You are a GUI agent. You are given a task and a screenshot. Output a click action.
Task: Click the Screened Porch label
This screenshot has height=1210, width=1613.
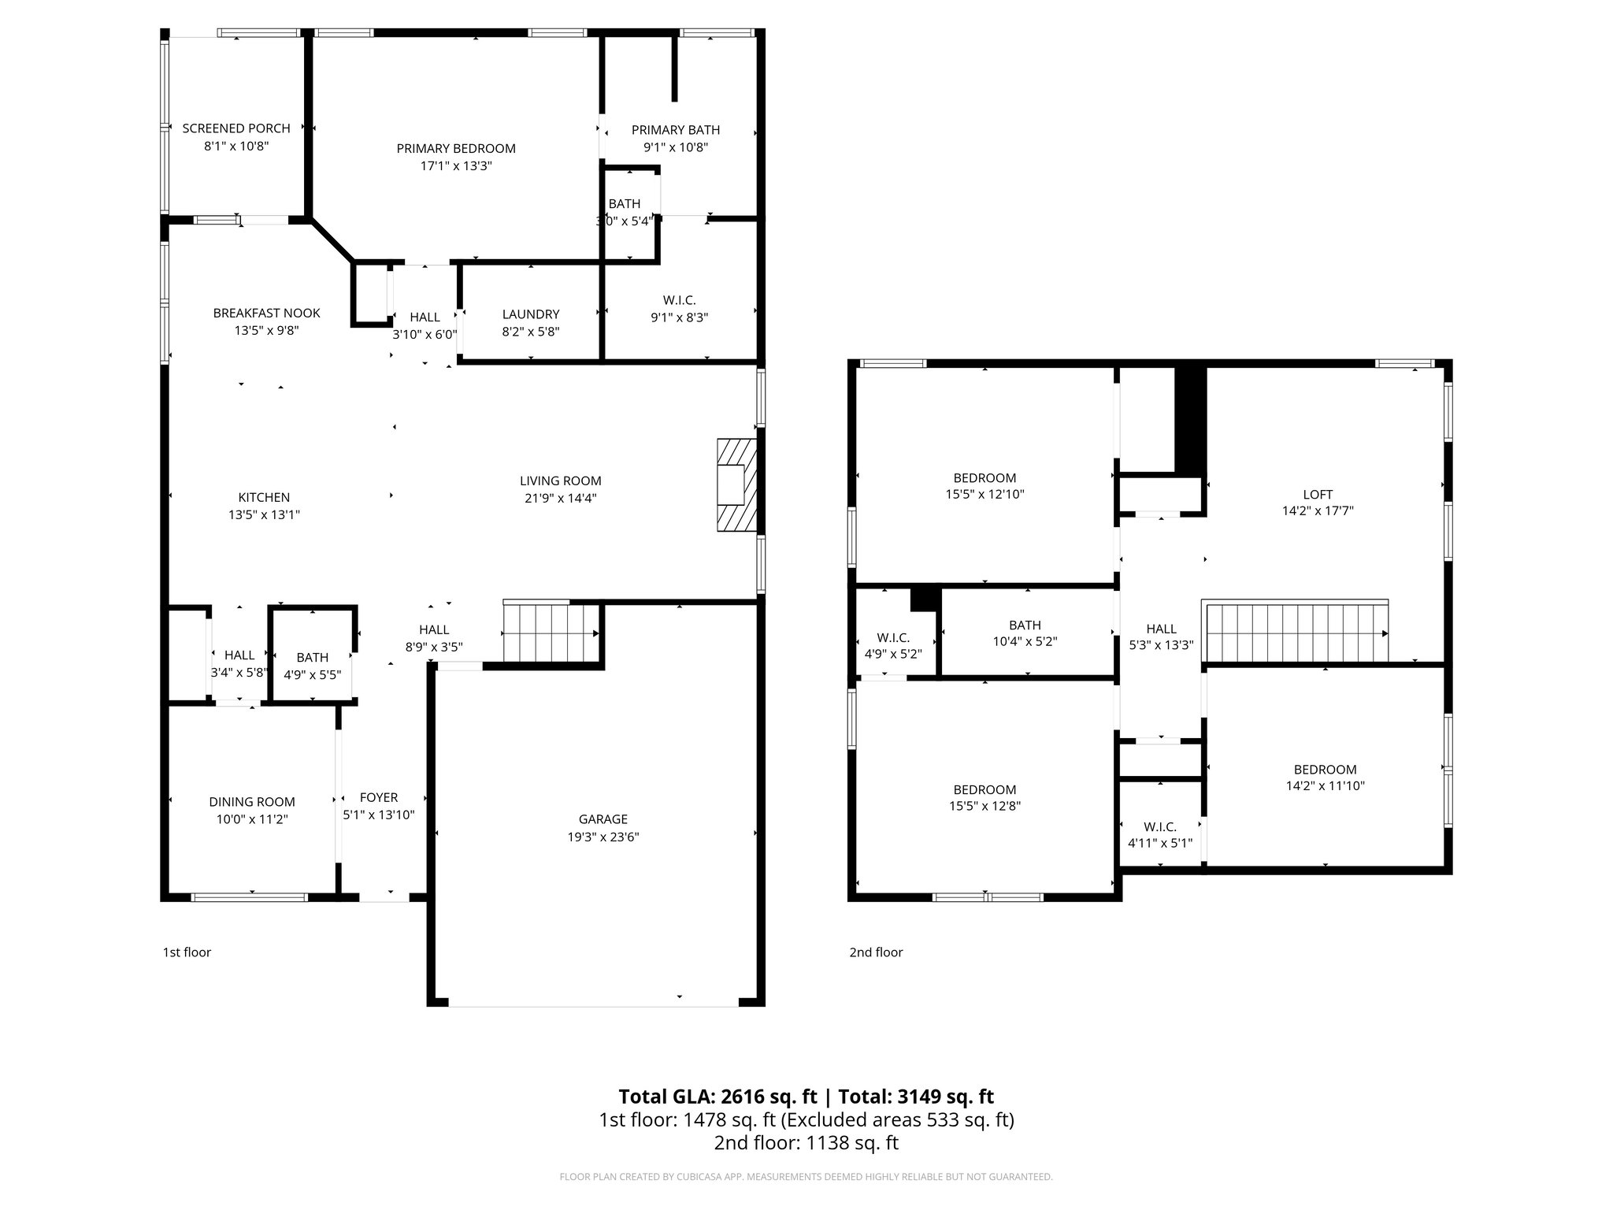[x=236, y=128]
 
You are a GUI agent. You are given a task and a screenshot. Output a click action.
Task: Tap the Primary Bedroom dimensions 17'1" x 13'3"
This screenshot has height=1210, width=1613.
[x=456, y=166]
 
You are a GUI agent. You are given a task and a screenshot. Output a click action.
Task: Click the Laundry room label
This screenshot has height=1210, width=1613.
[x=531, y=314]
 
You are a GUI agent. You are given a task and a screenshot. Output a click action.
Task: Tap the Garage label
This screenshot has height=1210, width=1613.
[x=603, y=819]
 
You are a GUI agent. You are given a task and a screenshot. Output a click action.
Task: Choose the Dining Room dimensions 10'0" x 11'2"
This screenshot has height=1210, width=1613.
[x=252, y=819]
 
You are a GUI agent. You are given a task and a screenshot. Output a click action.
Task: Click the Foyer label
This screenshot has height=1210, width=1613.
[x=379, y=797]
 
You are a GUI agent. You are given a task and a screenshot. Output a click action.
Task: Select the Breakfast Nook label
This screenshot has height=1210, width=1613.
[x=267, y=314]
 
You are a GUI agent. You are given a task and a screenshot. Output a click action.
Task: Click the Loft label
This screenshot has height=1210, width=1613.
[x=1318, y=495]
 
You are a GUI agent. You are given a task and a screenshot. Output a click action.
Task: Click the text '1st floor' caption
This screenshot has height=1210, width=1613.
[x=187, y=952]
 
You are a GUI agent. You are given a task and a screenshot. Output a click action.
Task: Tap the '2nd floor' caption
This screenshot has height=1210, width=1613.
[x=876, y=952]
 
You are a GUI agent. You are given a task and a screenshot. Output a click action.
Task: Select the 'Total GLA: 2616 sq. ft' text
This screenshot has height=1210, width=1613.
[x=718, y=1097]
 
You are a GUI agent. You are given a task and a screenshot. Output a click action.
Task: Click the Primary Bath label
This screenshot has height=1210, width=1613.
[x=676, y=130]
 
